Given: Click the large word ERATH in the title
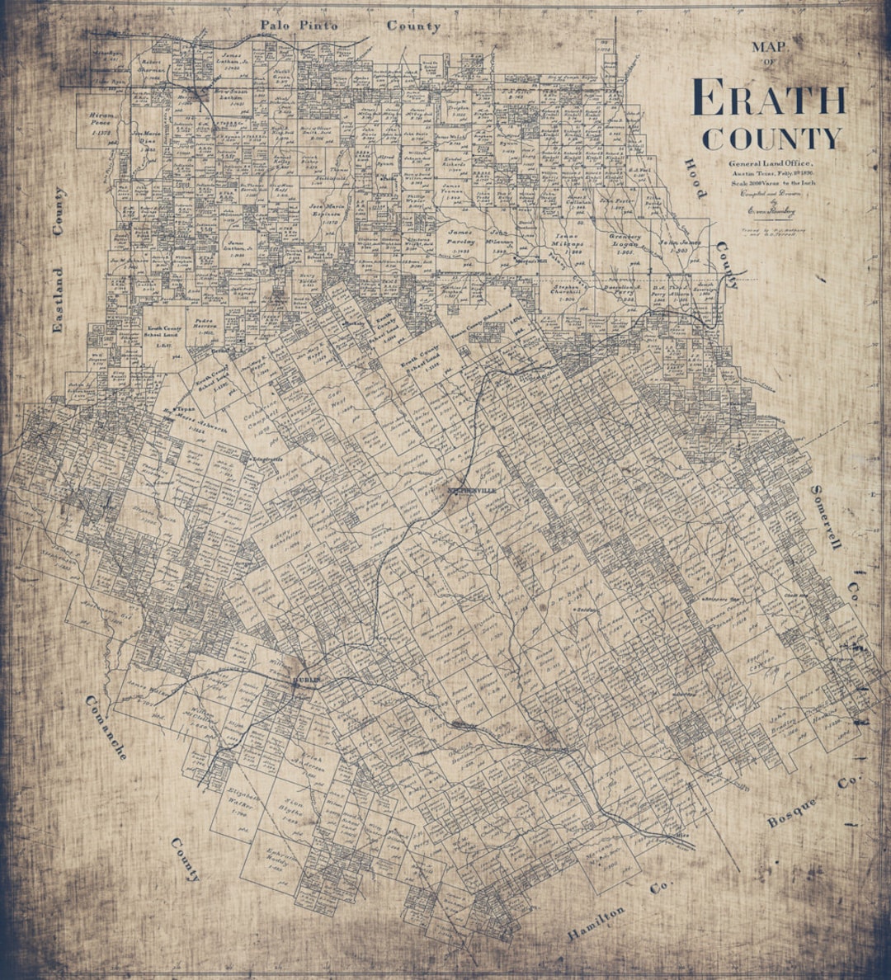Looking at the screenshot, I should coord(769,98).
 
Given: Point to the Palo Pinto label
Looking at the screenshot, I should coord(299,26).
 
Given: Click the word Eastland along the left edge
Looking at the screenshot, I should coord(58,300).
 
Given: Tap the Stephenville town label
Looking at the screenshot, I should coord(474,489).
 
